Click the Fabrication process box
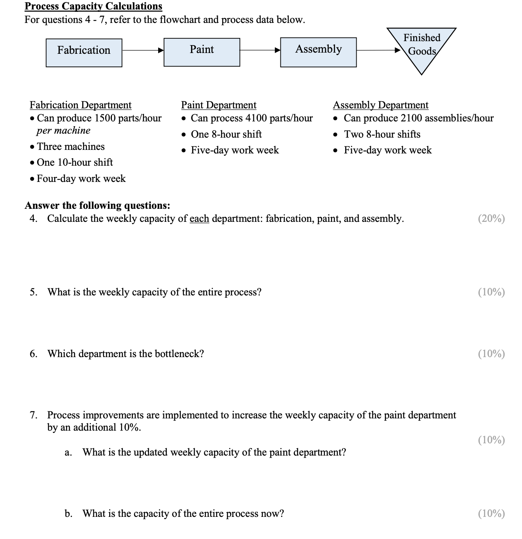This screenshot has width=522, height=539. coord(84,53)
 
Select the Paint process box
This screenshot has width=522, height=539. coord(202,52)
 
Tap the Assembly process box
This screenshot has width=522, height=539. coord(318,52)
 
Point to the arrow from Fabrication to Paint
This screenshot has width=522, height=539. coord(142,51)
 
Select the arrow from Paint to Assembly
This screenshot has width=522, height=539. coord(260,51)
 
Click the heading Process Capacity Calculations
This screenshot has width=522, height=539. coord(93,6)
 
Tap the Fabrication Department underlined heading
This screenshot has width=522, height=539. coord(81,105)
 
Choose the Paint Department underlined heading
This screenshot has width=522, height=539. coord(219,105)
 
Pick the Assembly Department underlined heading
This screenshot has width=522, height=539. coord(380,105)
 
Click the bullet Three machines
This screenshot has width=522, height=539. coord(70,147)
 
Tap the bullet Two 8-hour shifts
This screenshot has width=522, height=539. coord(382,134)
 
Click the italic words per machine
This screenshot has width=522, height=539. coord(63,130)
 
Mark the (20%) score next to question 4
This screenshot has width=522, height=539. coord(491,219)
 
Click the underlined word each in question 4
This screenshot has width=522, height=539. coord(199,219)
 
